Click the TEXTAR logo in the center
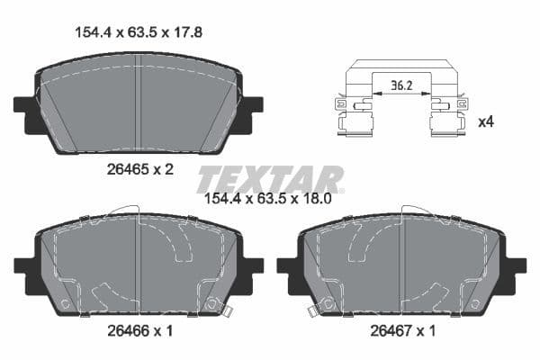(269, 179)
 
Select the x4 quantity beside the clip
(486, 121)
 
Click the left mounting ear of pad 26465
(25, 104)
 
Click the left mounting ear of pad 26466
(25, 266)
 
